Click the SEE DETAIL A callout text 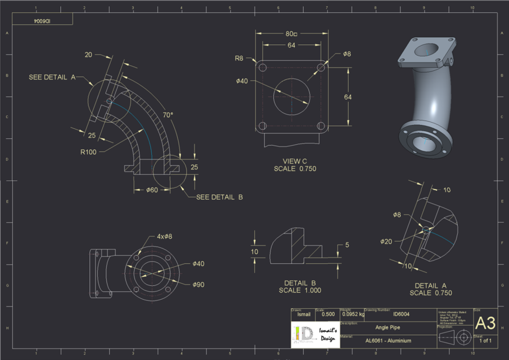pos(52,77)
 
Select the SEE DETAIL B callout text pos(219,197)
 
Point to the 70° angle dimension pos(168,115)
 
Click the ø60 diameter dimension pos(152,190)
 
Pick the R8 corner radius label pos(239,58)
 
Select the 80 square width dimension pos(291,34)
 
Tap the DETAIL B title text pos(300,283)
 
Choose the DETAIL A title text pos(430,286)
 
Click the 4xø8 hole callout pos(164,236)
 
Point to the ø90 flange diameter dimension pos(199,285)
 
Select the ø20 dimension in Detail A pos(386,241)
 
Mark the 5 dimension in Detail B pos(347,245)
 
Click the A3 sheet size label pos(485,323)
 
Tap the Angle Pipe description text pos(388,326)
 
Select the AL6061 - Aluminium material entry pos(388,340)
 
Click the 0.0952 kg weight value pos(353,314)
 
